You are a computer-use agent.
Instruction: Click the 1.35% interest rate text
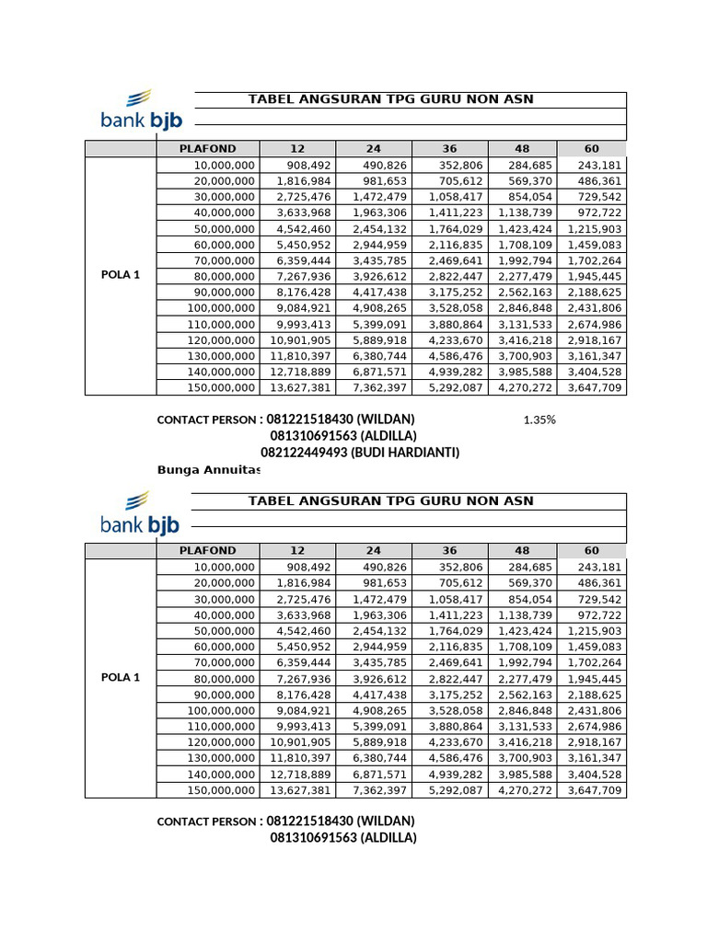(539, 420)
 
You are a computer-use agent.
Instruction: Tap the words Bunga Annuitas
(209, 470)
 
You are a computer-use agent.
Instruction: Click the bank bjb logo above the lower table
(139, 513)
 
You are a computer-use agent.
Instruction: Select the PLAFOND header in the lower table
(207, 551)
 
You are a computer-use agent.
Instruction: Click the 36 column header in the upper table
(449, 149)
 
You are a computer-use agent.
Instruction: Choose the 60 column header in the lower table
(591, 551)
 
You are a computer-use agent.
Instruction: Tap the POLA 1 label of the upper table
(121, 275)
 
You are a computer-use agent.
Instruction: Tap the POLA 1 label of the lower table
(121, 678)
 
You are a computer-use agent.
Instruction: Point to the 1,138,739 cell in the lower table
(526, 615)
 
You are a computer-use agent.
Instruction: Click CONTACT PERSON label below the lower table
(208, 821)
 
